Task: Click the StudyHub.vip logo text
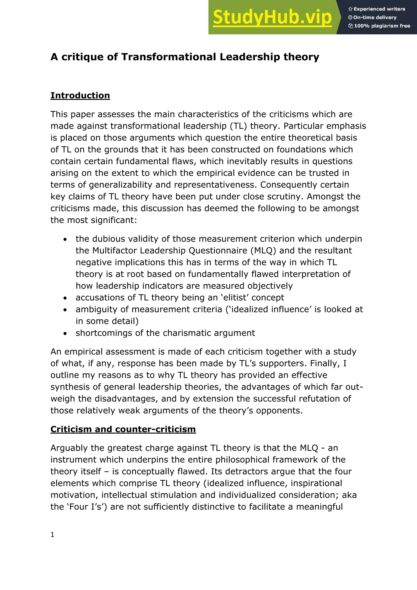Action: click(x=272, y=18)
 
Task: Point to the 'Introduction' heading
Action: click(x=80, y=95)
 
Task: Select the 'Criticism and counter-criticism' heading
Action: click(x=123, y=429)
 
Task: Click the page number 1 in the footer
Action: click(x=52, y=535)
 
